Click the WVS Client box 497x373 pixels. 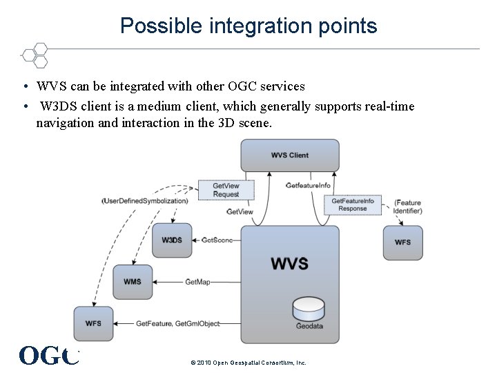pos(290,155)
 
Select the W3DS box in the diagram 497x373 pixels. pos(172,240)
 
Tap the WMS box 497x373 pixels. pos(133,282)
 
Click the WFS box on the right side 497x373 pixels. pos(402,242)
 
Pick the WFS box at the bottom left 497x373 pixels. pos(93,323)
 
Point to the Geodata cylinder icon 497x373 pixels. pos(309,309)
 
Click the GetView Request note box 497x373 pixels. pos(226,190)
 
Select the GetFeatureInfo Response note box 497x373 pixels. pos(352,204)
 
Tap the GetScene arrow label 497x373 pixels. pos(217,240)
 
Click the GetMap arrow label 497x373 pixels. pos(197,282)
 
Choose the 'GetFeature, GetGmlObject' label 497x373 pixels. pos(178,323)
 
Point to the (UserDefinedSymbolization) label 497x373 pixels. pos(145,201)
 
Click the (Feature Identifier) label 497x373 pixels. pos(407,207)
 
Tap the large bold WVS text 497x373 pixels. pos(290,263)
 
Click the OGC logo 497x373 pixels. pos(48,355)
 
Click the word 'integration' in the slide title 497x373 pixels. pos(239,26)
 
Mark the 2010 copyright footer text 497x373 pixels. pos(248,363)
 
